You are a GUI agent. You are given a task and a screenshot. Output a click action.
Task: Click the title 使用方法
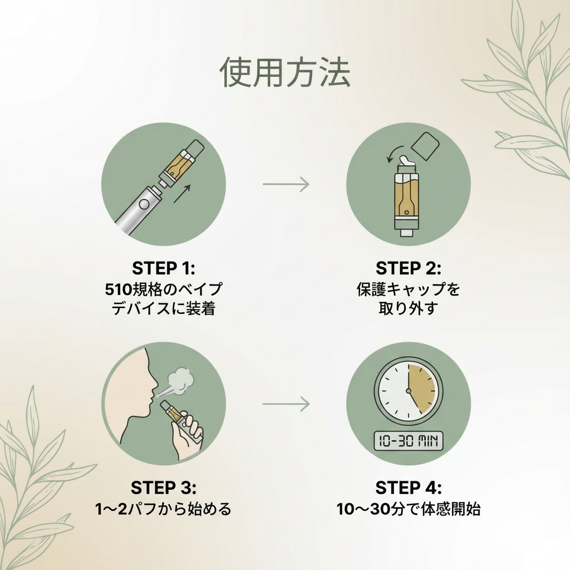tap(285, 72)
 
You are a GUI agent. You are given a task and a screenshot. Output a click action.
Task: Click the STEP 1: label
tap(164, 268)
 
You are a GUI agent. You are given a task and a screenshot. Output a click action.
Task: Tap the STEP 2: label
tap(408, 268)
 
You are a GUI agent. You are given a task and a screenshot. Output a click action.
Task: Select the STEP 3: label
tap(164, 488)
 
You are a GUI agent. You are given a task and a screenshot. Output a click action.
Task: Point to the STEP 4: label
tap(408, 488)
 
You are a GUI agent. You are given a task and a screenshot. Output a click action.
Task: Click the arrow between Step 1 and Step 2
tap(286, 184)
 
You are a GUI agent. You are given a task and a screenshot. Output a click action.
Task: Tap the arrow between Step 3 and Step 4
tap(286, 404)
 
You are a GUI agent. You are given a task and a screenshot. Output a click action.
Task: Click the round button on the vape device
tap(144, 204)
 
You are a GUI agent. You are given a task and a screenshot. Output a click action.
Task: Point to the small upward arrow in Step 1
tap(182, 194)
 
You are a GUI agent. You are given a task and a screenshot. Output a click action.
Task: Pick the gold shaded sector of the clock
tap(421, 388)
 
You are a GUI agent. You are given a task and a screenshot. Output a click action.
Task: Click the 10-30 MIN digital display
tap(408, 441)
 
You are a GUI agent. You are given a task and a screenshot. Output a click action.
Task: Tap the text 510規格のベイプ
tap(164, 289)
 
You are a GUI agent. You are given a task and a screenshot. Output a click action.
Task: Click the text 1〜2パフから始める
tap(163, 509)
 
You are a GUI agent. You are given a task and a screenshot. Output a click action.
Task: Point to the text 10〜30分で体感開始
tap(408, 509)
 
